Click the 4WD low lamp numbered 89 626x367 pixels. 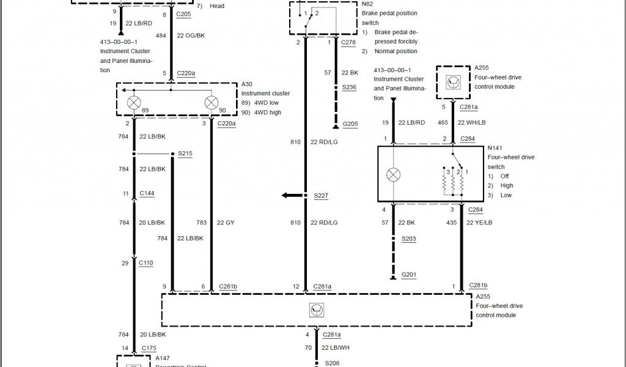(x=134, y=102)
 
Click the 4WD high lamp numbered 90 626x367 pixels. (x=212, y=102)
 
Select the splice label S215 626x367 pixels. (x=185, y=153)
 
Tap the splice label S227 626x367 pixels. (x=321, y=196)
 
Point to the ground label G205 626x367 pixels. (x=350, y=124)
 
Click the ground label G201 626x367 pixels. (x=409, y=275)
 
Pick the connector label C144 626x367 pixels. (x=147, y=193)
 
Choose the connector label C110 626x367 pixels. (x=146, y=263)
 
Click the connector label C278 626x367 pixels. (x=348, y=42)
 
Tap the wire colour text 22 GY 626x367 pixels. (x=226, y=223)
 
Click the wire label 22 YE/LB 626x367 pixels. (x=479, y=223)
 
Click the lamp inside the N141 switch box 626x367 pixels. (x=393, y=175)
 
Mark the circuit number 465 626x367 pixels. (x=443, y=122)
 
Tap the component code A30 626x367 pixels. (x=247, y=84)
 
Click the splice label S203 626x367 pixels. (x=409, y=239)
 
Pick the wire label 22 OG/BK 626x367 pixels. (x=191, y=36)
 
